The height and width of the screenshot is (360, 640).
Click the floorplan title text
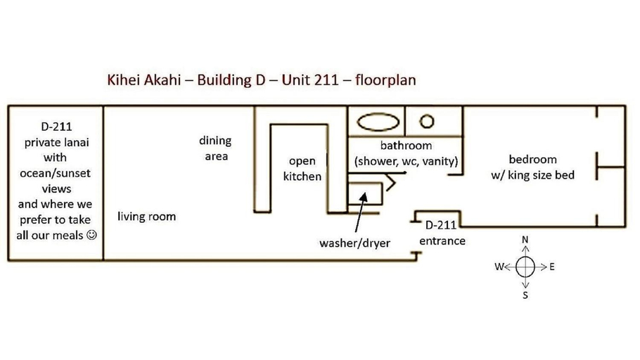click(x=262, y=79)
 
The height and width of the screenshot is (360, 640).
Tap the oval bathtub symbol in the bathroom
click(x=378, y=122)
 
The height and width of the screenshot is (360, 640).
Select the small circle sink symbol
click(x=427, y=121)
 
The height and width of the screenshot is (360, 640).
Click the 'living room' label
click(x=146, y=216)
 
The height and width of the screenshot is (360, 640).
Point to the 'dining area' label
click(x=215, y=148)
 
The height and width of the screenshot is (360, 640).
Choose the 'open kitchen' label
click(x=302, y=169)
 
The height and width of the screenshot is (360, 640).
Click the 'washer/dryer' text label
click(x=354, y=243)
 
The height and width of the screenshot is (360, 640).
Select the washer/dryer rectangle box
click(x=365, y=193)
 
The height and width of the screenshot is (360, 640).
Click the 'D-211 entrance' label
click(x=442, y=233)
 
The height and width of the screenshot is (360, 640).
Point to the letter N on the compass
click(x=525, y=240)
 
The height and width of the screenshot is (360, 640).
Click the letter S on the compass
click(x=525, y=295)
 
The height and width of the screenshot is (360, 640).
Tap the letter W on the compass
click(x=499, y=267)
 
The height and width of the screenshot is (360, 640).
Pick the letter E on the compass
click(x=552, y=267)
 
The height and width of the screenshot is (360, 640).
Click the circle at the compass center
click(x=525, y=267)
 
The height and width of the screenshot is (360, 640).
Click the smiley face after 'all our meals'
click(x=92, y=235)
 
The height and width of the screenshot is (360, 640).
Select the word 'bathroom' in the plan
click(x=406, y=146)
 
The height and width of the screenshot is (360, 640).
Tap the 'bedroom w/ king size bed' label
click(x=532, y=167)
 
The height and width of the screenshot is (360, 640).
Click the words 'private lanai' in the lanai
click(x=57, y=143)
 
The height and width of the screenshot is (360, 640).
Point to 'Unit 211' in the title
click(x=309, y=79)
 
